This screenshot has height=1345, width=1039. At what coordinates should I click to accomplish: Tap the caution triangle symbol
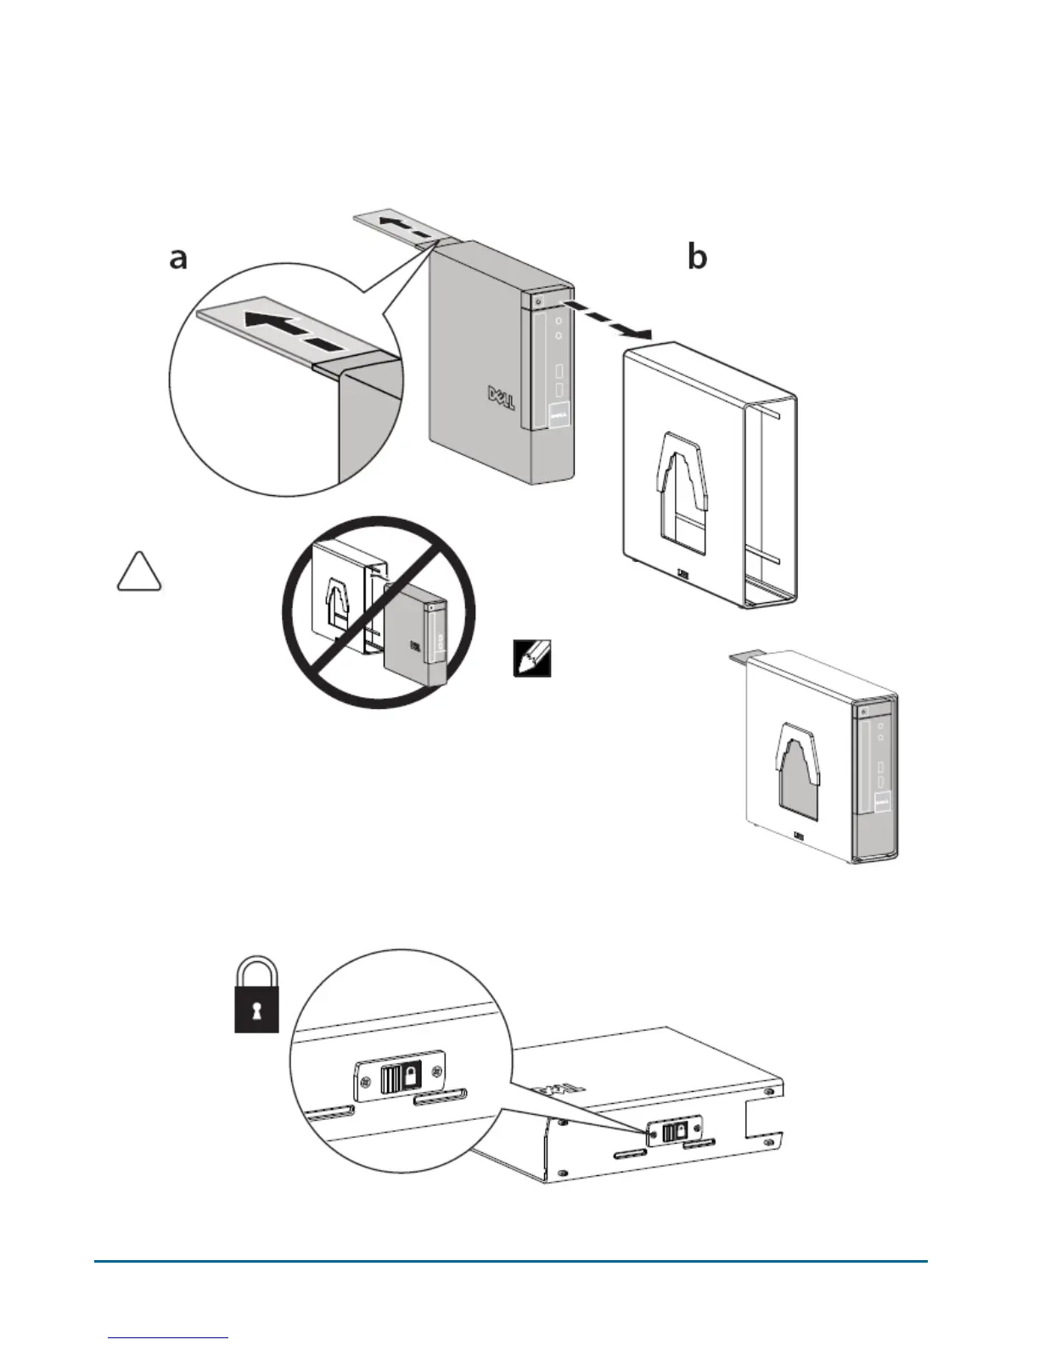[138, 571]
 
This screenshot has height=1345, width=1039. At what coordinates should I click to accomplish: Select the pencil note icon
[532, 658]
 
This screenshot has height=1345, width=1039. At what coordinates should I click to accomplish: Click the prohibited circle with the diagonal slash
[379, 611]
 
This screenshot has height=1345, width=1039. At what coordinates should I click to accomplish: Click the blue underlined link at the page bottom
[169, 1337]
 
